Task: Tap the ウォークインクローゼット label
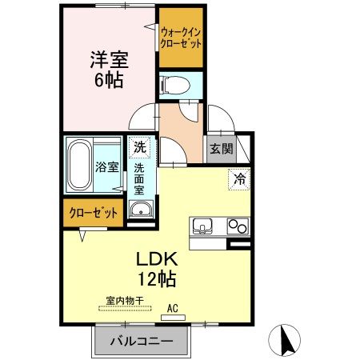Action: point(180,38)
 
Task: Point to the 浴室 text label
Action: point(109,167)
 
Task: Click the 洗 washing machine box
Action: point(140,147)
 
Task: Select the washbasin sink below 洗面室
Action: point(141,210)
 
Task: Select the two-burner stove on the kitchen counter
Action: point(238,226)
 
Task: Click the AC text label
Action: point(171,306)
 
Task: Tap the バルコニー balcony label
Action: point(141,342)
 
